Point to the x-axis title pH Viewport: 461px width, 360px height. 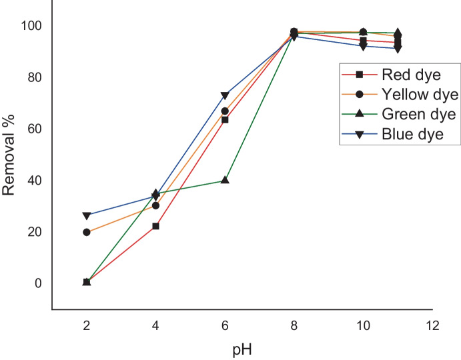(242, 349)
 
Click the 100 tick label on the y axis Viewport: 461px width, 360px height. (30, 26)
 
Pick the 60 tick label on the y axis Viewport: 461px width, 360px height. (33, 129)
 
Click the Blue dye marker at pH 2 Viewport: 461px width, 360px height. (87, 216)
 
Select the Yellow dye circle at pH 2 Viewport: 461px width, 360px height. (87, 232)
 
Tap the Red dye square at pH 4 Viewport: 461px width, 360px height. (155, 226)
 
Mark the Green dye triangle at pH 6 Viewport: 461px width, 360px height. (225, 180)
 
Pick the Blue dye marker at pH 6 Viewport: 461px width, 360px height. (225, 96)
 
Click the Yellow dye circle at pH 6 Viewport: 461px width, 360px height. (225, 111)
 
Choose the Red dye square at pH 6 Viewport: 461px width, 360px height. (225, 120)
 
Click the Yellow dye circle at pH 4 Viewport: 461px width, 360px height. (155, 205)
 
